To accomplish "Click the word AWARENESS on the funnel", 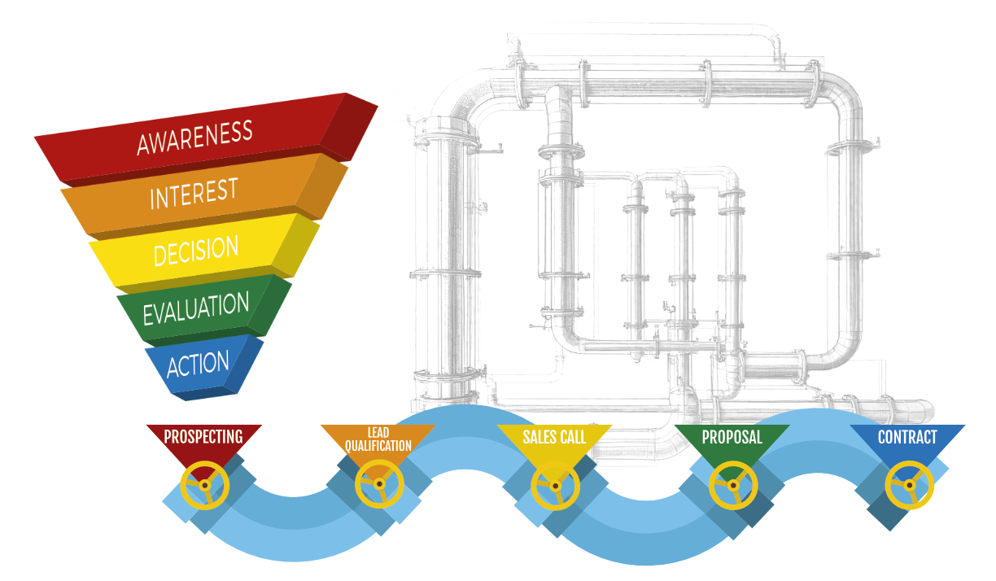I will (x=194, y=138).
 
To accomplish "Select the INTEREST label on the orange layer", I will (x=193, y=194).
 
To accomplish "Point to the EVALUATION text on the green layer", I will (x=195, y=308).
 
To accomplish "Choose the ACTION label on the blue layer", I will (x=198, y=364).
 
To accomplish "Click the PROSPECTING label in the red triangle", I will (x=203, y=437).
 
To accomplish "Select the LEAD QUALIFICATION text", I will (x=378, y=439).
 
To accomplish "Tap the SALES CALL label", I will (x=554, y=437).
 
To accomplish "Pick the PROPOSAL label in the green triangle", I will (x=732, y=437).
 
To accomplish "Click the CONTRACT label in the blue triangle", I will (x=907, y=437).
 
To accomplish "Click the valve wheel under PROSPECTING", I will (x=204, y=486).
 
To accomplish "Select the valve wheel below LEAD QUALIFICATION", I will (x=379, y=484).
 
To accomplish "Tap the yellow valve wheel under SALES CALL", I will (x=555, y=487).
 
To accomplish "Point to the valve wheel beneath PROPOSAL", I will (x=733, y=486).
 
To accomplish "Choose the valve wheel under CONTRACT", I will (x=908, y=486).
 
